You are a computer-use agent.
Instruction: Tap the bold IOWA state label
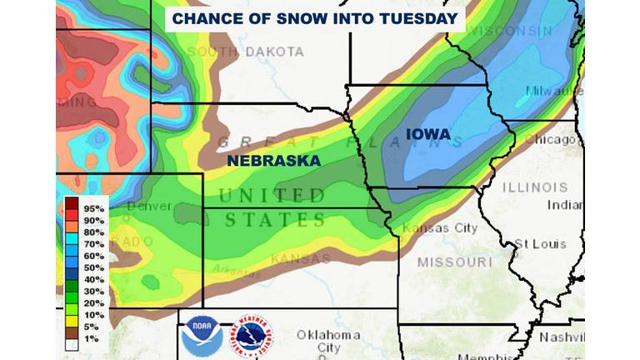coord(427,133)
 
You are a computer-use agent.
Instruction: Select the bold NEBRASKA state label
coord(274,161)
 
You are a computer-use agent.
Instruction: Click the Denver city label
coord(150,206)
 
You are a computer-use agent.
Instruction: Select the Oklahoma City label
coord(328,341)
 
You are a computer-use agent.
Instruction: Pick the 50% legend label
coord(92,268)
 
